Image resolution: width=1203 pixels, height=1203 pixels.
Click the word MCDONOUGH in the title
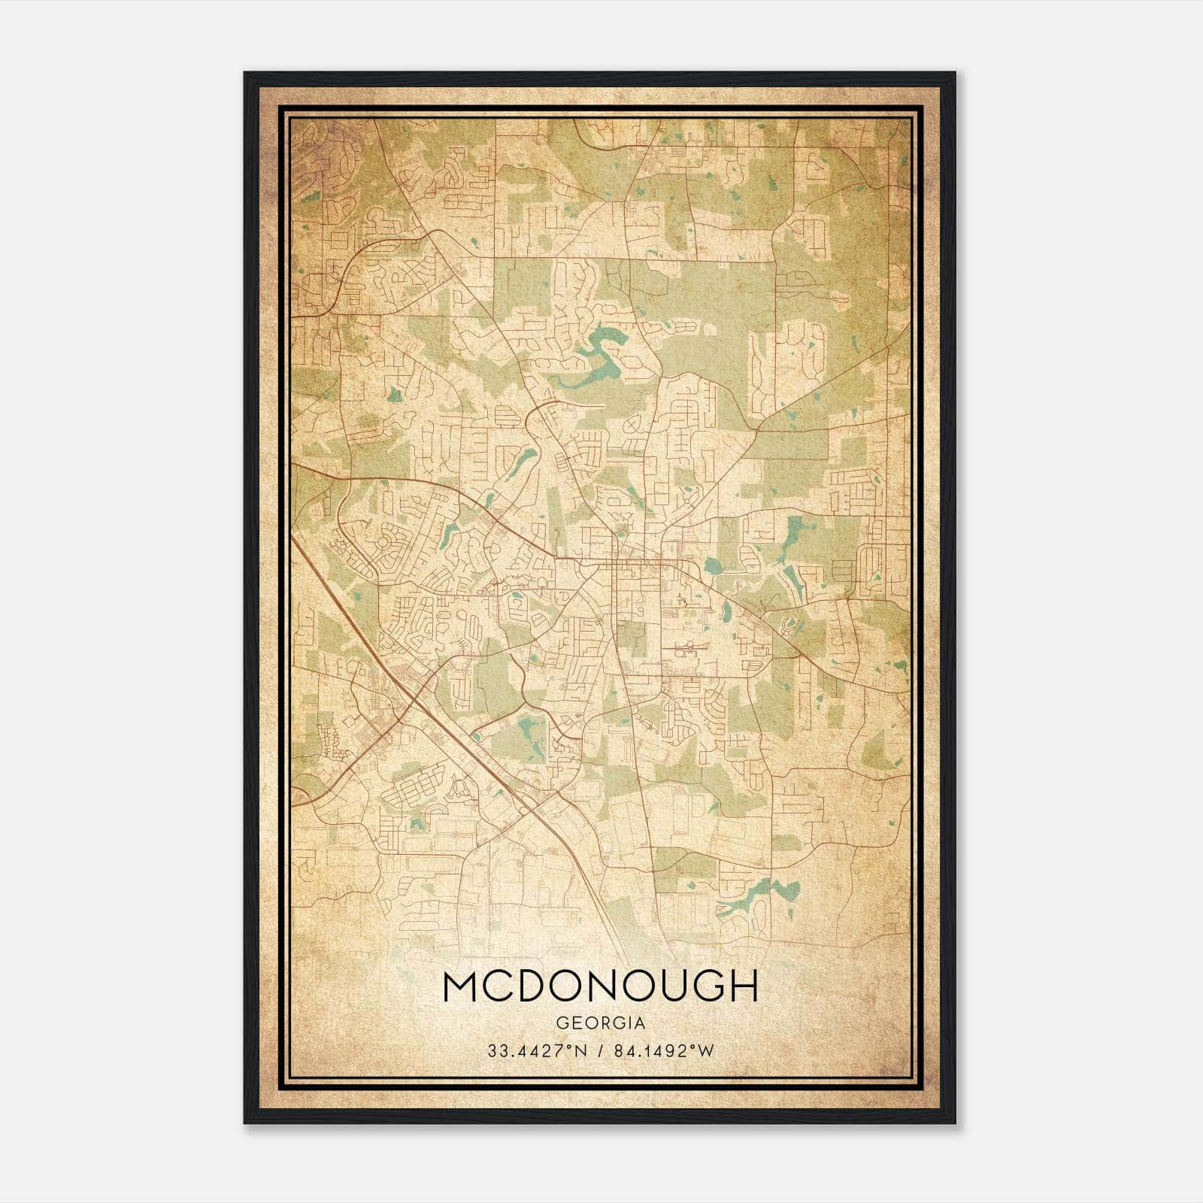600,986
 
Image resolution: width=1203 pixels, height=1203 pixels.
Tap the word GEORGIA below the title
600,1023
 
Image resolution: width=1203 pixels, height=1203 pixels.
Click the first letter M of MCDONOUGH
459,986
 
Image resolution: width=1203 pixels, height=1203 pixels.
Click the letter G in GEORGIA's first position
561,1023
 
